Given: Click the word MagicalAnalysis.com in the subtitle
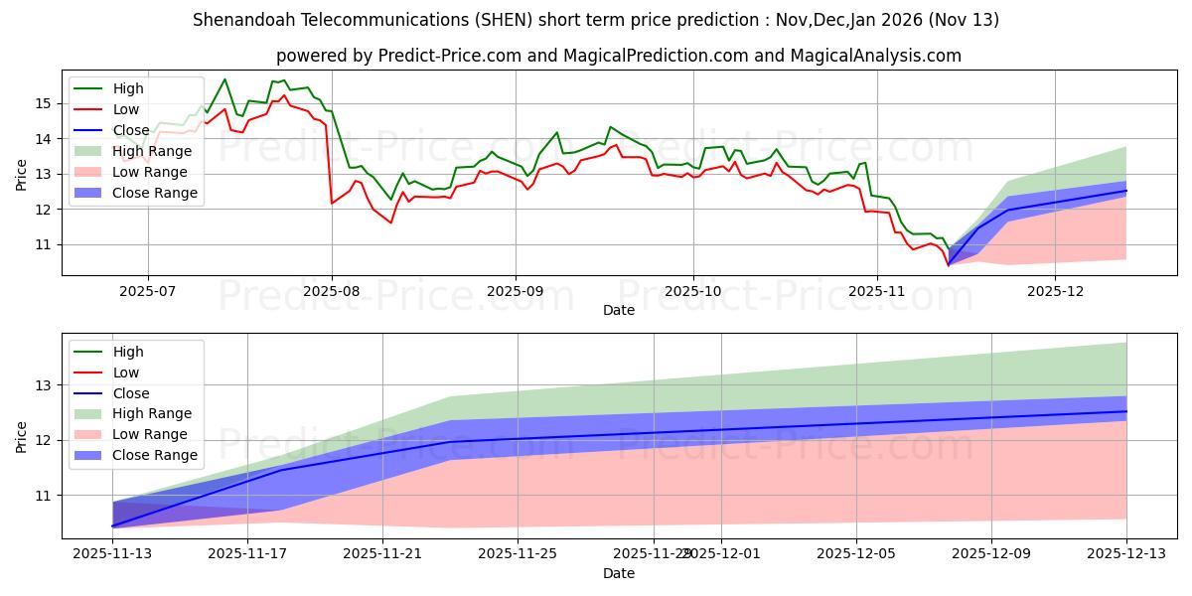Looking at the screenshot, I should point(874,56).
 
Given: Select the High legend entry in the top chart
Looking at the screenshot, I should point(127,88).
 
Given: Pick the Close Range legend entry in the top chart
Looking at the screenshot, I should point(155,193).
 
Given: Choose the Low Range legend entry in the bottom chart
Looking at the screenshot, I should point(152,434).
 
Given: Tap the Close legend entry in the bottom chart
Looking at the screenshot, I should point(131,392).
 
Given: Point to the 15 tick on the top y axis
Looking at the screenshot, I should point(43,103).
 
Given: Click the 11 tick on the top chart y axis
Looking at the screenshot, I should point(43,244).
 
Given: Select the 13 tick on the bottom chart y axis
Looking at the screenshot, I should point(43,385).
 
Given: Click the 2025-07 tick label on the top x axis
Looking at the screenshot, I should point(148,291).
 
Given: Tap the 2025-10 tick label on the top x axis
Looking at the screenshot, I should point(693,291).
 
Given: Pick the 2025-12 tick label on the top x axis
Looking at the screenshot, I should point(1055,291).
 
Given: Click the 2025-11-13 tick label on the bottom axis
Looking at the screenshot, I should point(112,554).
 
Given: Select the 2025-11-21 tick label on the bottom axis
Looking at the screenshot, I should point(382,554).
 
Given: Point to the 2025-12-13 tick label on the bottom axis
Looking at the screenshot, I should point(1125,554).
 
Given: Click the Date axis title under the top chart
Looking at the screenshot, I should point(619,310).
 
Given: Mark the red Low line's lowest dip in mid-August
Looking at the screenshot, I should point(390,223).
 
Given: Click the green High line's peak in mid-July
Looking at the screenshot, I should point(224,79).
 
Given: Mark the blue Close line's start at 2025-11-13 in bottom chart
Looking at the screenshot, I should point(113,525).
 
